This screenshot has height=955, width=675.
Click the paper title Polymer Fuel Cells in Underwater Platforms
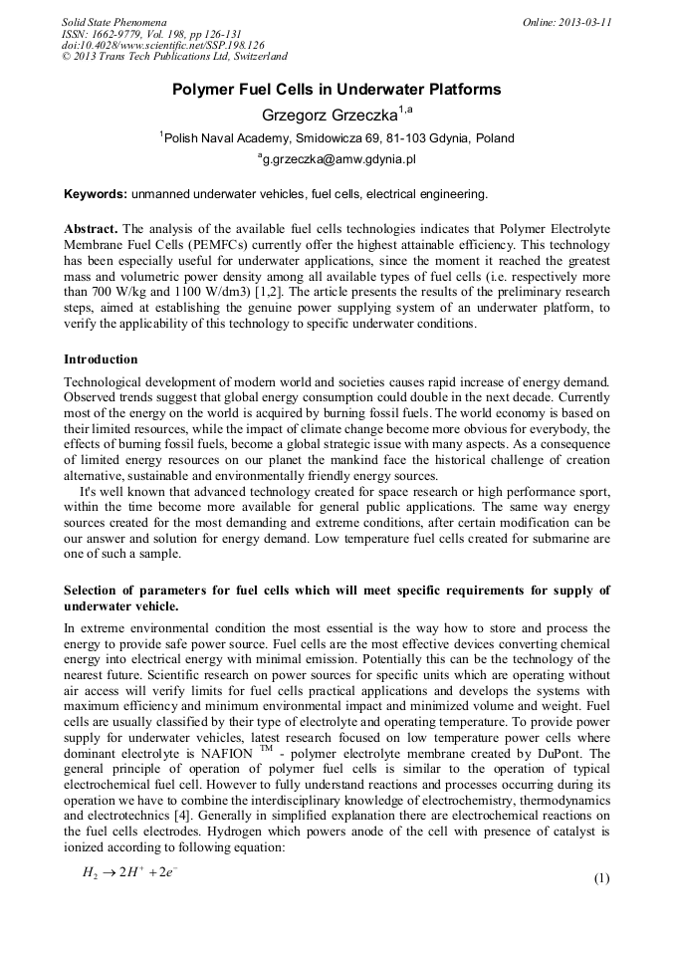(337, 90)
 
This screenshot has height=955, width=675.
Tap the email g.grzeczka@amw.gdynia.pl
(337, 158)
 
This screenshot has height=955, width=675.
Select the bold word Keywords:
(96, 193)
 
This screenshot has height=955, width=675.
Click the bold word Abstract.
(92, 228)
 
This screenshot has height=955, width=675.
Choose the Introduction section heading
(101, 358)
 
